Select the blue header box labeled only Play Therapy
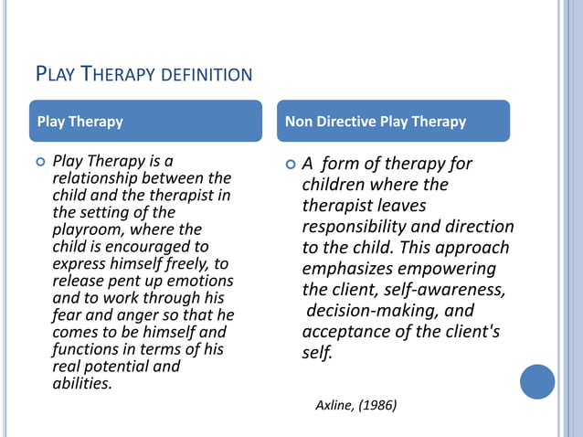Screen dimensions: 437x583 [x=145, y=121]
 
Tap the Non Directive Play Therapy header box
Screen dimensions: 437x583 [x=393, y=121]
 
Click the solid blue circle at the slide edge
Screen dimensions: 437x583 [x=537, y=381]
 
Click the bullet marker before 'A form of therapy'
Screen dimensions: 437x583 [x=291, y=165]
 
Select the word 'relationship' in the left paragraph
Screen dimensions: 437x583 [x=91, y=177]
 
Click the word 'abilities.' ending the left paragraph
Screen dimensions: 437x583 [x=82, y=384]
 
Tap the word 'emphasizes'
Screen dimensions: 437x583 [x=348, y=269]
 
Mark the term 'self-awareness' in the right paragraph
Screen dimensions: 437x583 [x=448, y=290]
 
